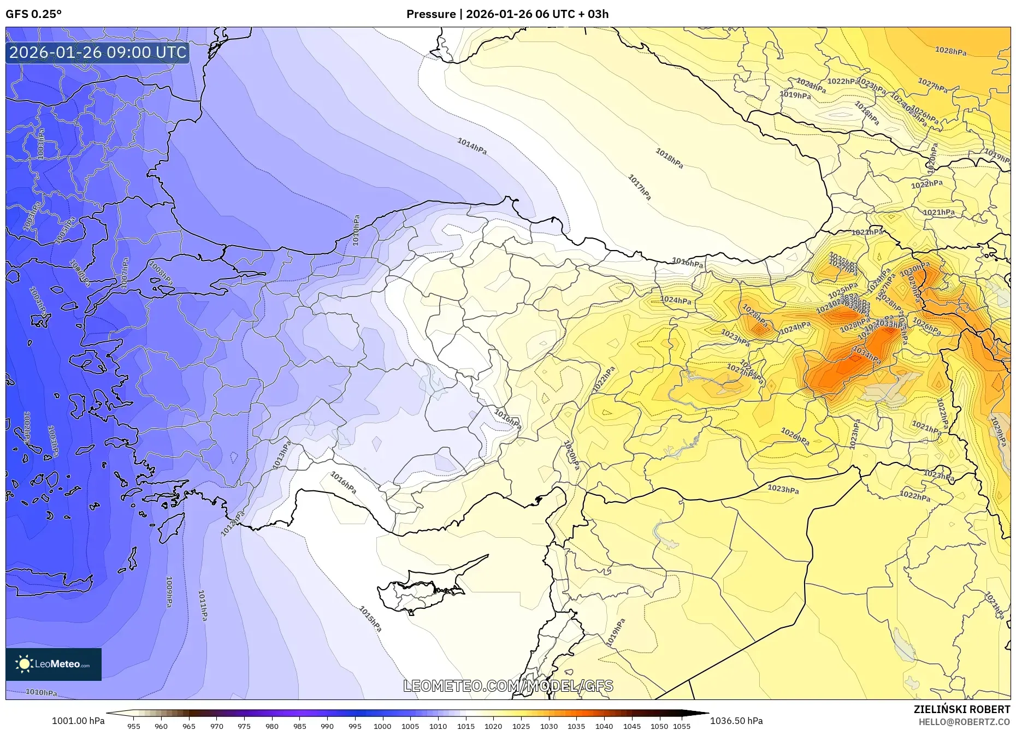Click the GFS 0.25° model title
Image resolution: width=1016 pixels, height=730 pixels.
(33, 14)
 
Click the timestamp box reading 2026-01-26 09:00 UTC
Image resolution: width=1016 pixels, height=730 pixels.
(98, 52)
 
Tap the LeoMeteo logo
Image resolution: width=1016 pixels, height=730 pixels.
(54, 664)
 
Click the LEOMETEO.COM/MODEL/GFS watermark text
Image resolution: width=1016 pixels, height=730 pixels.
(508, 686)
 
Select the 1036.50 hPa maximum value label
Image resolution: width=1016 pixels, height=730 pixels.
(736, 721)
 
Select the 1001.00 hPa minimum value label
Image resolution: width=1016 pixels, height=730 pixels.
(78, 721)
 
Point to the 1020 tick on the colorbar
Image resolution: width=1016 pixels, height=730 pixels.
(493, 726)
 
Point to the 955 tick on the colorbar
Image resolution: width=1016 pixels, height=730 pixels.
(134, 726)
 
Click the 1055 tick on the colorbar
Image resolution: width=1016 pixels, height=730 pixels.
(682, 726)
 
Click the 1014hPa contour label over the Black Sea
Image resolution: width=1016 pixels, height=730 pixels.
(472, 146)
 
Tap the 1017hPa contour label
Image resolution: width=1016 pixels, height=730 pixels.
(639, 187)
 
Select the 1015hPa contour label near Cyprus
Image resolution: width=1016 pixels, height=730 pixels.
(370, 619)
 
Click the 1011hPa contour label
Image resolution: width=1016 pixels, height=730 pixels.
(203, 605)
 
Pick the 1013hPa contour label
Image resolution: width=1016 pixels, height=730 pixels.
(282, 454)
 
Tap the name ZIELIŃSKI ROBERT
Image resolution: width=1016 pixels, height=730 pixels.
(961, 709)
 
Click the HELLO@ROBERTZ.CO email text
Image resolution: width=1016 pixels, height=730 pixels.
(964, 722)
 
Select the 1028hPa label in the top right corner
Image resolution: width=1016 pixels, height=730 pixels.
(950, 51)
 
